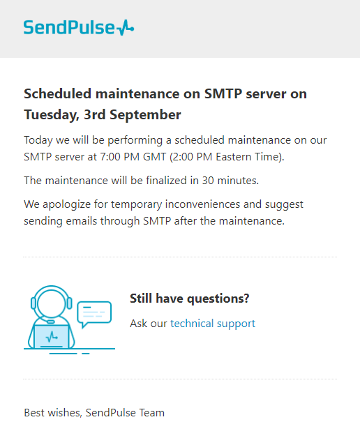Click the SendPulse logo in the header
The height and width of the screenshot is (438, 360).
coord(79,27)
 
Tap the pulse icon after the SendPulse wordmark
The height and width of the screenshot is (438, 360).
coord(125,28)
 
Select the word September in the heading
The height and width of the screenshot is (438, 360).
coord(145,115)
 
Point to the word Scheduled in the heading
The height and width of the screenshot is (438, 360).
coord(58,93)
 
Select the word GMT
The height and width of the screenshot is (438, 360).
coord(155,157)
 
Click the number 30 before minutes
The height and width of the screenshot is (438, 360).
coord(208,181)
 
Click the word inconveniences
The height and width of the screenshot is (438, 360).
coord(202,204)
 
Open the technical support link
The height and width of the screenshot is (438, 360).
coord(213,324)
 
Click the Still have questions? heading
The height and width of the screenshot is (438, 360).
coord(190,299)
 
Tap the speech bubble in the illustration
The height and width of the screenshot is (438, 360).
coord(94,314)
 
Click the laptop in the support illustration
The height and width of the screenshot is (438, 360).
coord(52,337)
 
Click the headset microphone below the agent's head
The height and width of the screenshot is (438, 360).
coord(51,322)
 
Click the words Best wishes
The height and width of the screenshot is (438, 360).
coord(53,413)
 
